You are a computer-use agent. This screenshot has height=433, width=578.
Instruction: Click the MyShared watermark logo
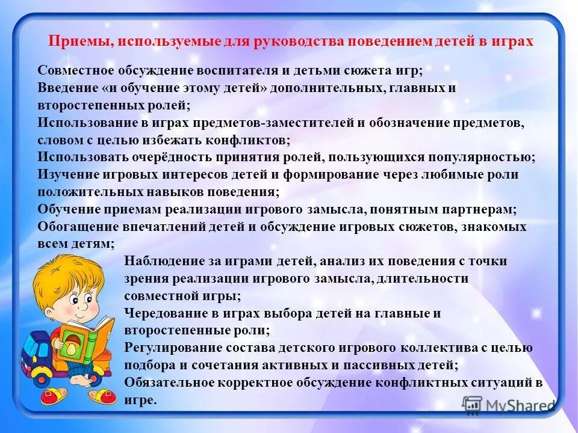pyautogui.click(x=509, y=405)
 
